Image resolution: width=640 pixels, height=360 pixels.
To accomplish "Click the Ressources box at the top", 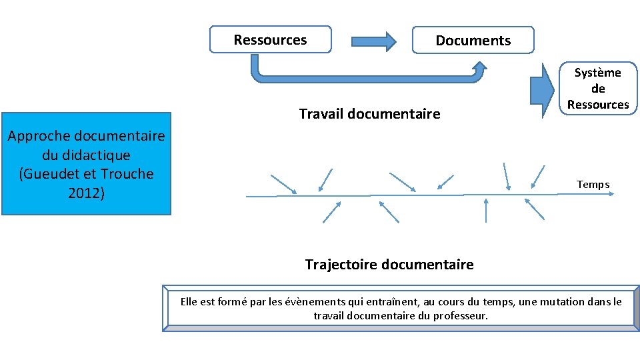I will click(270, 39).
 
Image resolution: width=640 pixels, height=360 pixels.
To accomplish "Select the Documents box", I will click(473, 40).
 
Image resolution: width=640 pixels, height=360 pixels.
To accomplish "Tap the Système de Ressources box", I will click(598, 89).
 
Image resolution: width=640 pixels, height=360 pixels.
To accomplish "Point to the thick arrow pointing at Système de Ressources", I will click(542, 88).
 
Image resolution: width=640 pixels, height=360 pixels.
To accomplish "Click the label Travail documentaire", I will click(369, 114).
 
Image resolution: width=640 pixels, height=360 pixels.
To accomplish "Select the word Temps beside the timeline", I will click(593, 184).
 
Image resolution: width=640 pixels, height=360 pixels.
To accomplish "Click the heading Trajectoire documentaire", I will click(389, 265).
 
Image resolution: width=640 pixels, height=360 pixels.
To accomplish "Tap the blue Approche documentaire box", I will click(86, 164).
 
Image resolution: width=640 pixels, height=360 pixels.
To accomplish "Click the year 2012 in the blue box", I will click(86, 193).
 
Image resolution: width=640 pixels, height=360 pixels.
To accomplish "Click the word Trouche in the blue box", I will click(126, 174).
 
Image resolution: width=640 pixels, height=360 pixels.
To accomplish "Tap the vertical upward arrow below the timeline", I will click(485, 210).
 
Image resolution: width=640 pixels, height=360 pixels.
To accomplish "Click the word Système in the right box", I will click(598, 73).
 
